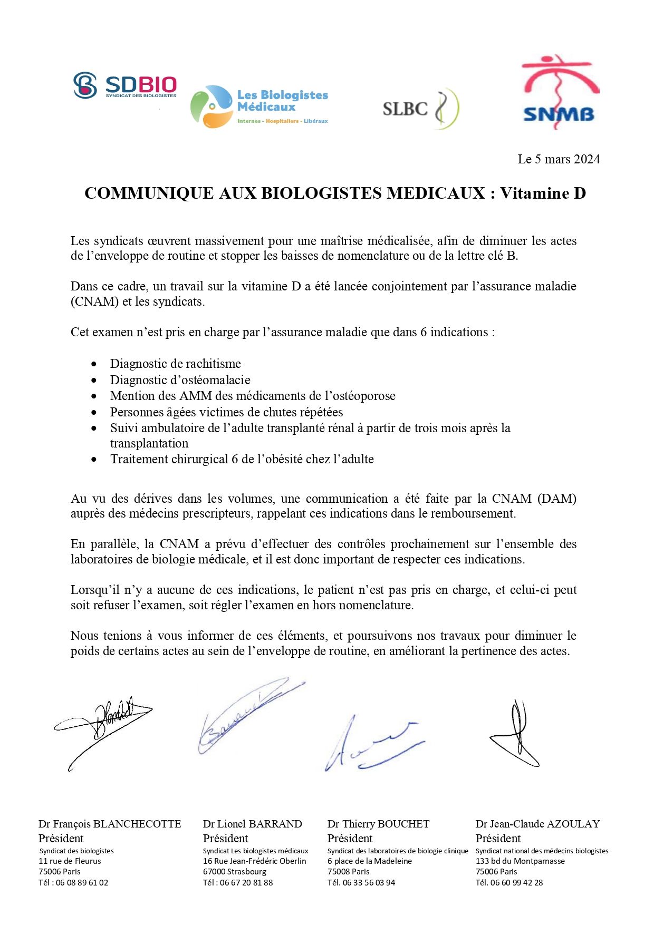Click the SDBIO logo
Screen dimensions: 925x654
click(x=124, y=86)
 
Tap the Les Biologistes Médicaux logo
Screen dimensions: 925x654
click(x=259, y=107)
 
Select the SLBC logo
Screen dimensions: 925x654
click(x=420, y=109)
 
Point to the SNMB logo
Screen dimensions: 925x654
click(x=560, y=93)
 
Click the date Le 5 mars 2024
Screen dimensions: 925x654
click(x=559, y=159)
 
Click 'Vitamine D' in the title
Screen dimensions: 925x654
click(x=543, y=193)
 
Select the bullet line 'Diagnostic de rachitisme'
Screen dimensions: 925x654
click(x=175, y=364)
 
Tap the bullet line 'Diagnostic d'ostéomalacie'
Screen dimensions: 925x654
click(x=180, y=380)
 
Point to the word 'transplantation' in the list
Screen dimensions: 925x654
click(x=149, y=443)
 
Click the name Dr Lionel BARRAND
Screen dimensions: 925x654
click(x=252, y=824)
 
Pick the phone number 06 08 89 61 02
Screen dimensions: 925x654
click(x=82, y=882)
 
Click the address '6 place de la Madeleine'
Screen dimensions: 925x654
click(x=369, y=861)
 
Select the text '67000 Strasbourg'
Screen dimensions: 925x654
click(x=235, y=871)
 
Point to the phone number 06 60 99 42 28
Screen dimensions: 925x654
click(x=516, y=882)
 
